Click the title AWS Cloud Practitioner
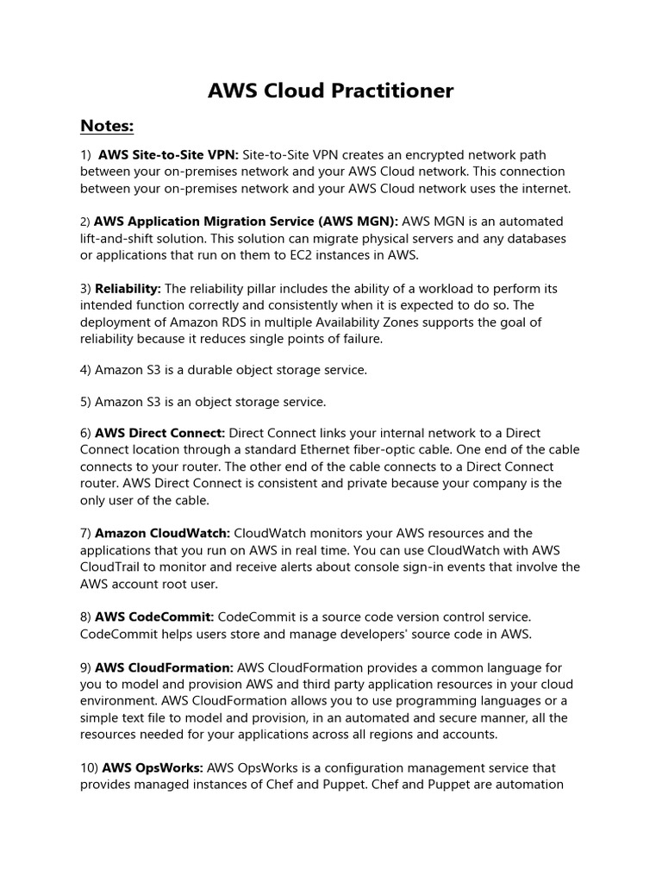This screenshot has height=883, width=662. click(x=331, y=91)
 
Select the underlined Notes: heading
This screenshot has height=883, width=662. click(x=107, y=127)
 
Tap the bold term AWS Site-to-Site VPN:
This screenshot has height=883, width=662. click(x=168, y=155)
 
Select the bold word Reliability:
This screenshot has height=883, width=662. click(x=128, y=289)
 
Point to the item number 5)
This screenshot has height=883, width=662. click(x=86, y=402)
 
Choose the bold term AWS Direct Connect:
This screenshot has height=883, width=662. click(x=160, y=433)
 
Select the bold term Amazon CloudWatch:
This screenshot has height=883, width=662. click(x=162, y=534)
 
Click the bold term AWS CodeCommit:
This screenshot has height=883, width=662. click(x=154, y=617)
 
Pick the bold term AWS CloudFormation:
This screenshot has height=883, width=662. click(x=164, y=667)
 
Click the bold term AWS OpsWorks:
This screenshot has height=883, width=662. click(x=153, y=767)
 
